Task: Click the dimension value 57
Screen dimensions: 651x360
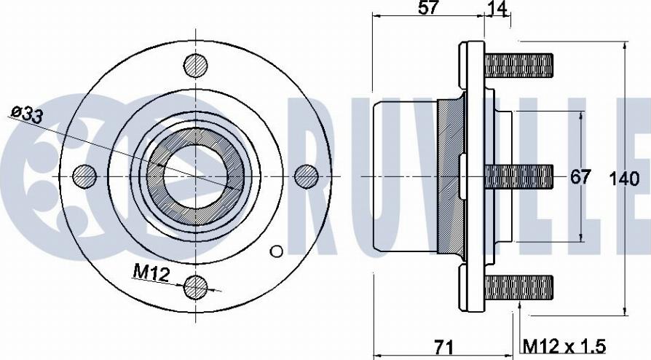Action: coord(428,7)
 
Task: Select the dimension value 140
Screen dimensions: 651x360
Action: coord(624,179)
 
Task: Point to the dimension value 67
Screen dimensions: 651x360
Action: coord(580,177)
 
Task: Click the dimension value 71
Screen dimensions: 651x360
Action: coord(443,347)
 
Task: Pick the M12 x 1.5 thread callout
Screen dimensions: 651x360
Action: coord(564,346)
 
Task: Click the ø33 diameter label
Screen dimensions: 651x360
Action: coord(28,114)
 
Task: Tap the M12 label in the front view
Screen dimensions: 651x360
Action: coord(151,273)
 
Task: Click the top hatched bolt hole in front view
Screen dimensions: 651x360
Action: coord(196,66)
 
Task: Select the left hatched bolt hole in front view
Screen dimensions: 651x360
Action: coord(84,176)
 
